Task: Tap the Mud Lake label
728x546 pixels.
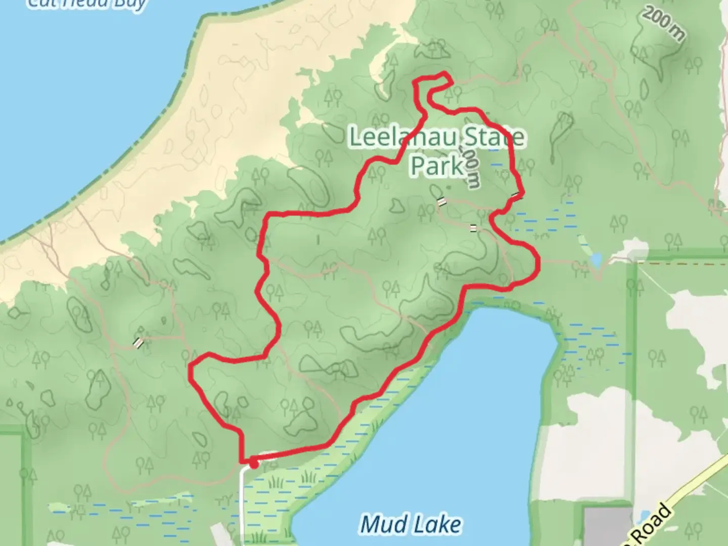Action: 411,525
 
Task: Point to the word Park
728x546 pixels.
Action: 437,165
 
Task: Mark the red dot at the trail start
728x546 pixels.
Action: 253,463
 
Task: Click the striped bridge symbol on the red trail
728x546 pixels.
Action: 517,195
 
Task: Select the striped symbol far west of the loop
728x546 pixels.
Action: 138,343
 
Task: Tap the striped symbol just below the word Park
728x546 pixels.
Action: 442,202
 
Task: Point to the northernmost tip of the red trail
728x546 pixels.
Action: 445,75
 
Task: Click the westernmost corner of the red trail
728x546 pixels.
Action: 191,372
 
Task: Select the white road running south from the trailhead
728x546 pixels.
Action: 243,506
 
